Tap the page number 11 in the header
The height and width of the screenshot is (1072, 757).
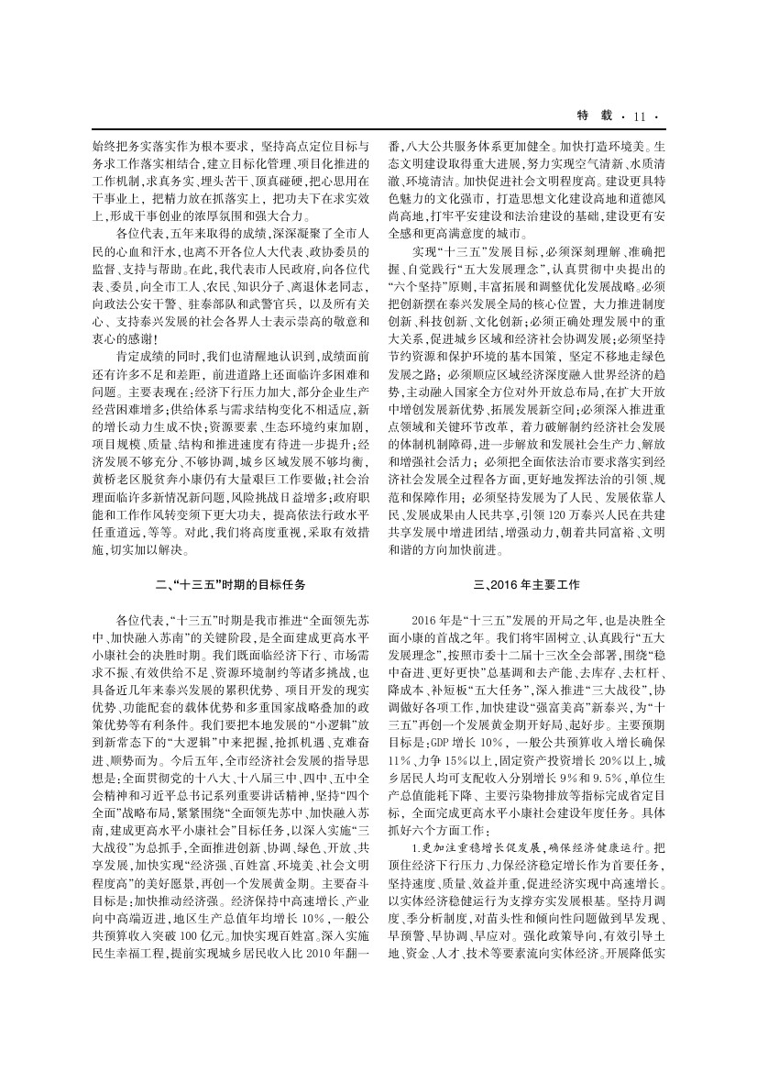click(639, 116)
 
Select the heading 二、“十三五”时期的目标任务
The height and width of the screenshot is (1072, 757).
click(231, 582)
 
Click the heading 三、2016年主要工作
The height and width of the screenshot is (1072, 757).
click(525, 582)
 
